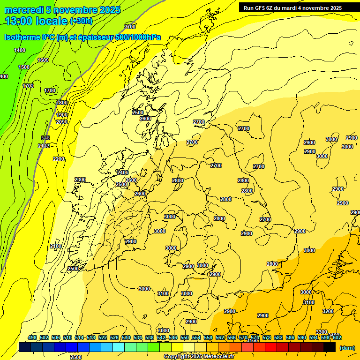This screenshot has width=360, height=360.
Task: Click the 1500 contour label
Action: [24, 67]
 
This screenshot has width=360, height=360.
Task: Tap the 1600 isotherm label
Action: [43, 60]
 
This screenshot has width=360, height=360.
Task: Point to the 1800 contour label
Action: [62, 103]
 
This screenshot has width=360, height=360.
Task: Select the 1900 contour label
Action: [62, 115]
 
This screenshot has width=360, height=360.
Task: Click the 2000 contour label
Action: [62, 122]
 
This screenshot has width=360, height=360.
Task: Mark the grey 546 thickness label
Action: [45, 137]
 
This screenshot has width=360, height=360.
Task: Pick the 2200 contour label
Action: [59, 159]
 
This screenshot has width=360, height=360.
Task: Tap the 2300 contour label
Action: [80, 180]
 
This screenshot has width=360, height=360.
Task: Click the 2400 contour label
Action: [123, 172]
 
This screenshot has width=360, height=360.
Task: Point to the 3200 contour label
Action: [328, 311]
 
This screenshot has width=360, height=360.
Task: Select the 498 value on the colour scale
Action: [32, 337]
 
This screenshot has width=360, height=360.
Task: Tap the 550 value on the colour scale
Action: [185, 337]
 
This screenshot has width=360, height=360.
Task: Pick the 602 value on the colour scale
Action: [337, 337]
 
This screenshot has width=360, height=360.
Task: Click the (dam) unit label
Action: [347, 348]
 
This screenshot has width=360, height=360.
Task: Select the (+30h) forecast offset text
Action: [81, 21]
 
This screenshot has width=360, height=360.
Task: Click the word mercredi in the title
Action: [22, 10]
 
